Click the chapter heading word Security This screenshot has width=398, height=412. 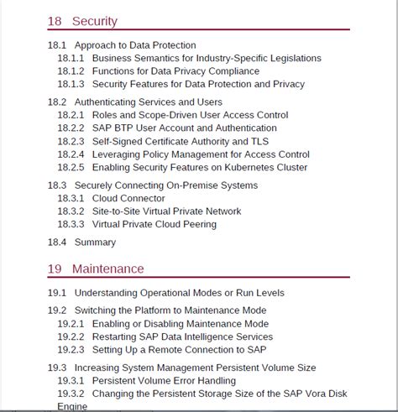pyautogui.click(x=94, y=21)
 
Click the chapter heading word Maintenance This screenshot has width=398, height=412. pyautogui.click(x=107, y=269)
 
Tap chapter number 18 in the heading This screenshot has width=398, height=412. pyautogui.click(x=55, y=21)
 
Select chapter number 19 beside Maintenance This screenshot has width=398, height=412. pyautogui.click(x=55, y=269)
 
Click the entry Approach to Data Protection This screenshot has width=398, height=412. pyautogui.click(x=135, y=45)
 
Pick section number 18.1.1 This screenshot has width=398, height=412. pyautogui.click(x=71, y=58)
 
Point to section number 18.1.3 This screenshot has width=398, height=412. pyautogui.click(x=71, y=84)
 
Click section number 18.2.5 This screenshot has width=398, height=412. pyautogui.click(x=71, y=167)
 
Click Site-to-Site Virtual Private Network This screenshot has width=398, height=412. pyautogui.click(x=166, y=211)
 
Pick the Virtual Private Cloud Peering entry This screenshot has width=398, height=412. pyautogui.click(x=154, y=224)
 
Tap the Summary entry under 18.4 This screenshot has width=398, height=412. pyautogui.click(x=95, y=243)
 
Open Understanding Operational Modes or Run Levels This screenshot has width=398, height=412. pyautogui.click(x=179, y=293)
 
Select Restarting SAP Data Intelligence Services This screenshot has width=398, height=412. pyautogui.click(x=182, y=336)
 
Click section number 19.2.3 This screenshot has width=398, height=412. pyautogui.click(x=71, y=349)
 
